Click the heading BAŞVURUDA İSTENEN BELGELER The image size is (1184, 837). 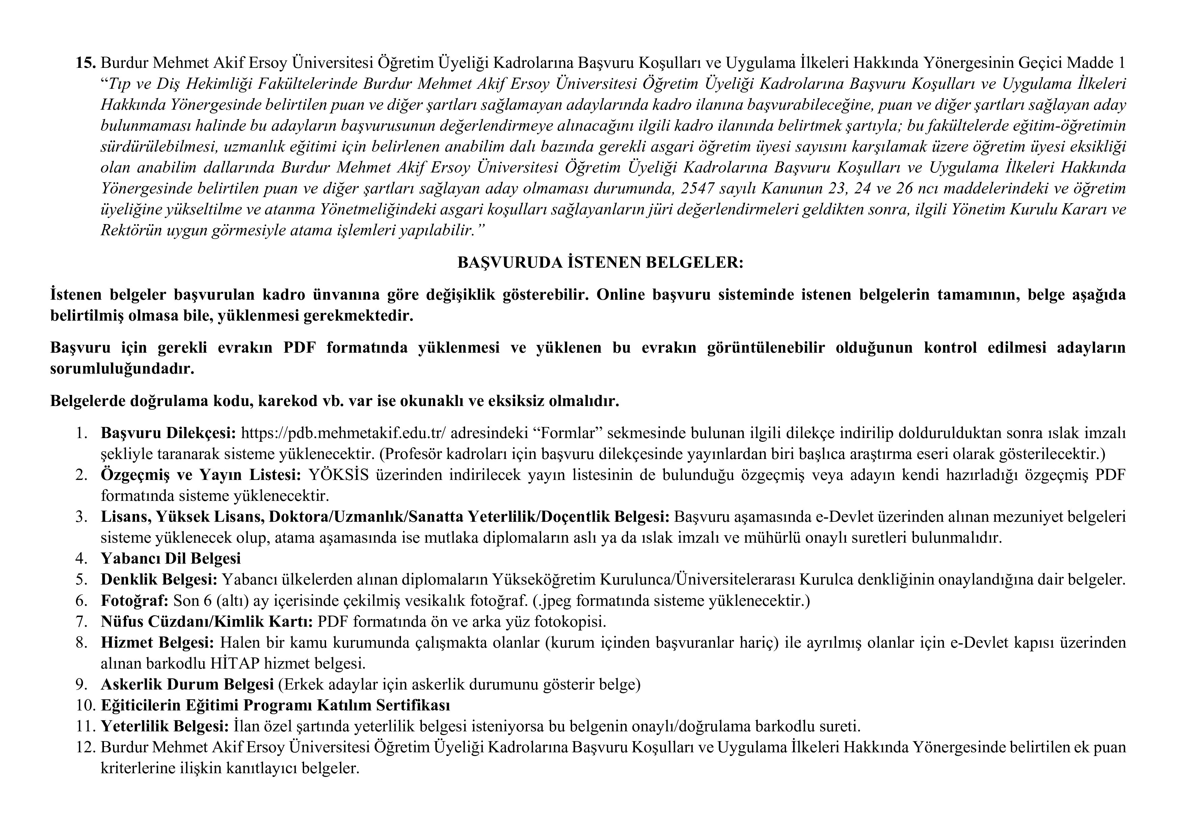pyautogui.click(x=600, y=263)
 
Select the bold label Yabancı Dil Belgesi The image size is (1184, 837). pyautogui.click(x=171, y=559)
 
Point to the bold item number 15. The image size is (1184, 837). pyautogui.click(x=86, y=63)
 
